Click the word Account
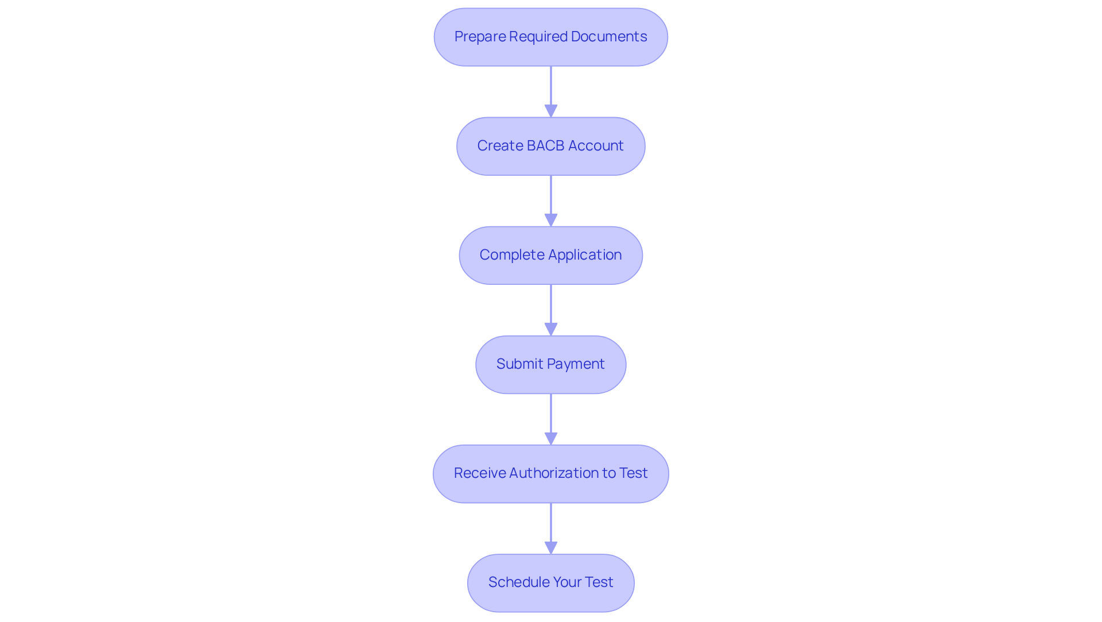pos(596,146)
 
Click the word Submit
pos(515,364)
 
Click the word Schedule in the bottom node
pos(517,582)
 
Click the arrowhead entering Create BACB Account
pos(551,111)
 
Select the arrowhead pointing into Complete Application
pos(551,220)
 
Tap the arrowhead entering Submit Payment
pos(551,329)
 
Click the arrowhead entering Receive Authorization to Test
pos(551,438)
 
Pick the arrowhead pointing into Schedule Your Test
pos(551,547)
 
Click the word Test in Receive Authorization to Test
pos(633,473)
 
